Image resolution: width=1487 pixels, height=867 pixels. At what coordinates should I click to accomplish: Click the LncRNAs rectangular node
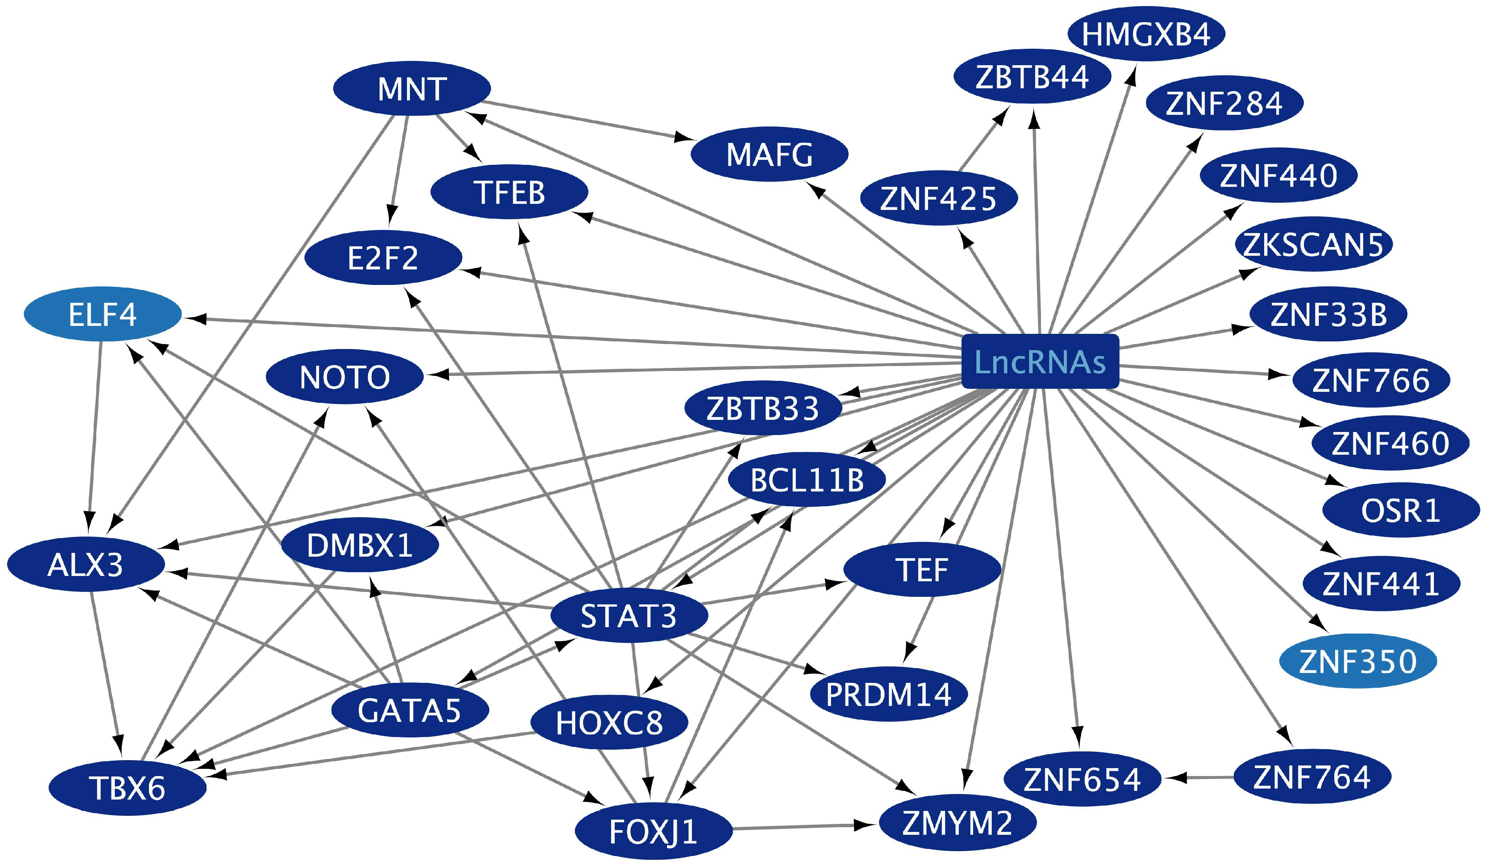pyautogui.click(x=1040, y=362)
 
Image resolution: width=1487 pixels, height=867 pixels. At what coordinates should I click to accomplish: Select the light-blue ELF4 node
pyautogui.click(x=103, y=314)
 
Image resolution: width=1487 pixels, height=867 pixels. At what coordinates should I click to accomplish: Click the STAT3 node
pyautogui.click(x=629, y=615)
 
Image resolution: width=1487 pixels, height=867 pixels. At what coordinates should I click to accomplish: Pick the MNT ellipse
pyautogui.click(x=412, y=89)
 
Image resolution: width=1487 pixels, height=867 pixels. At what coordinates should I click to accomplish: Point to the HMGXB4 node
pyautogui.click(x=1146, y=34)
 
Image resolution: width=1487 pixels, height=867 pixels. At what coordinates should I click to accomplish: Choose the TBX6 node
pyautogui.click(x=127, y=788)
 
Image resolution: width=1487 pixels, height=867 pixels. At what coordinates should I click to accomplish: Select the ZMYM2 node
pyautogui.click(x=958, y=823)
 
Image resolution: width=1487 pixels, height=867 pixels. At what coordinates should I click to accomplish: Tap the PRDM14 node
pyautogui.click(x=889, y=694)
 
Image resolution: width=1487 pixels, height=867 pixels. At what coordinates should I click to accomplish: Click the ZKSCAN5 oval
pyautogui.click(x=1313, y=244)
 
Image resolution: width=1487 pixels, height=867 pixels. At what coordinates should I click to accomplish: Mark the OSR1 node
pyautogui.click(x=1401, y=510)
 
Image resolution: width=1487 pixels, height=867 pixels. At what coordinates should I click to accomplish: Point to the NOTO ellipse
pyautogui.click(x=344, y=377)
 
